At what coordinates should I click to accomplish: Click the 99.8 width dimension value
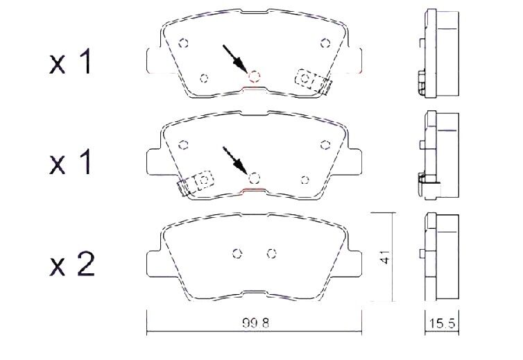(255, 323)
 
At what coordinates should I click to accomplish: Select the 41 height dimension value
(385, 257)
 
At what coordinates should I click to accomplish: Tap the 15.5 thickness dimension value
(442, 323)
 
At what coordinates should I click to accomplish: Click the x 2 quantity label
(72, 265)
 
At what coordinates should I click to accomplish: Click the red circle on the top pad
(255, 77)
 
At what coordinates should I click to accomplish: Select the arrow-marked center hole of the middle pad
(255, 178)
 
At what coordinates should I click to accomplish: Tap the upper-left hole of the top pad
(183, 44)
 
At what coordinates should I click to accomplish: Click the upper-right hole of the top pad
(325, 44)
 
